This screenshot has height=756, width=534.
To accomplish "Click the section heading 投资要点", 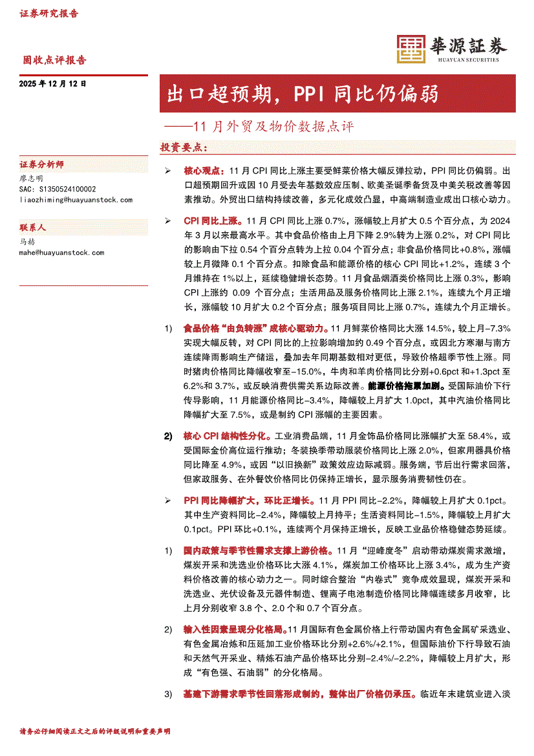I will point(184,147).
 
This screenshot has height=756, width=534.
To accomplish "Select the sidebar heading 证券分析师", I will point(41,165).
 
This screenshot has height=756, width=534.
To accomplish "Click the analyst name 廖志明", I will point(31,178).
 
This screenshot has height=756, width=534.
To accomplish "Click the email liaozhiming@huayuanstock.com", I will point(76,200).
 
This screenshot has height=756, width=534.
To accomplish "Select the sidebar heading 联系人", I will point(32,228).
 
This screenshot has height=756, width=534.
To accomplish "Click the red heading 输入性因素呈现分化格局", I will point(234,629).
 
